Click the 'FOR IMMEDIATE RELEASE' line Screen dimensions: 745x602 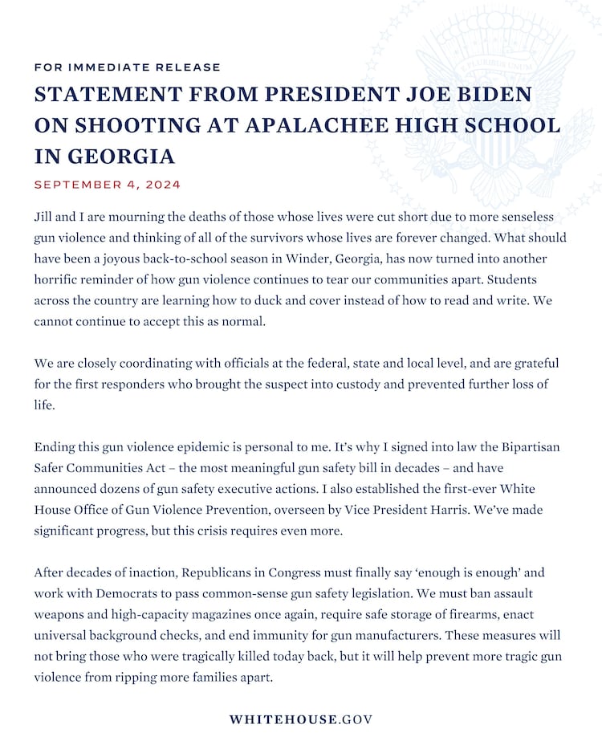coord(127,67)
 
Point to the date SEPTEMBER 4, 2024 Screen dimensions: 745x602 coord(107,185)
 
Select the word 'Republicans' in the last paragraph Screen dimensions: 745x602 coord(219,572)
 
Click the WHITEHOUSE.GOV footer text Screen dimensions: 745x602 coord(301,719)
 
